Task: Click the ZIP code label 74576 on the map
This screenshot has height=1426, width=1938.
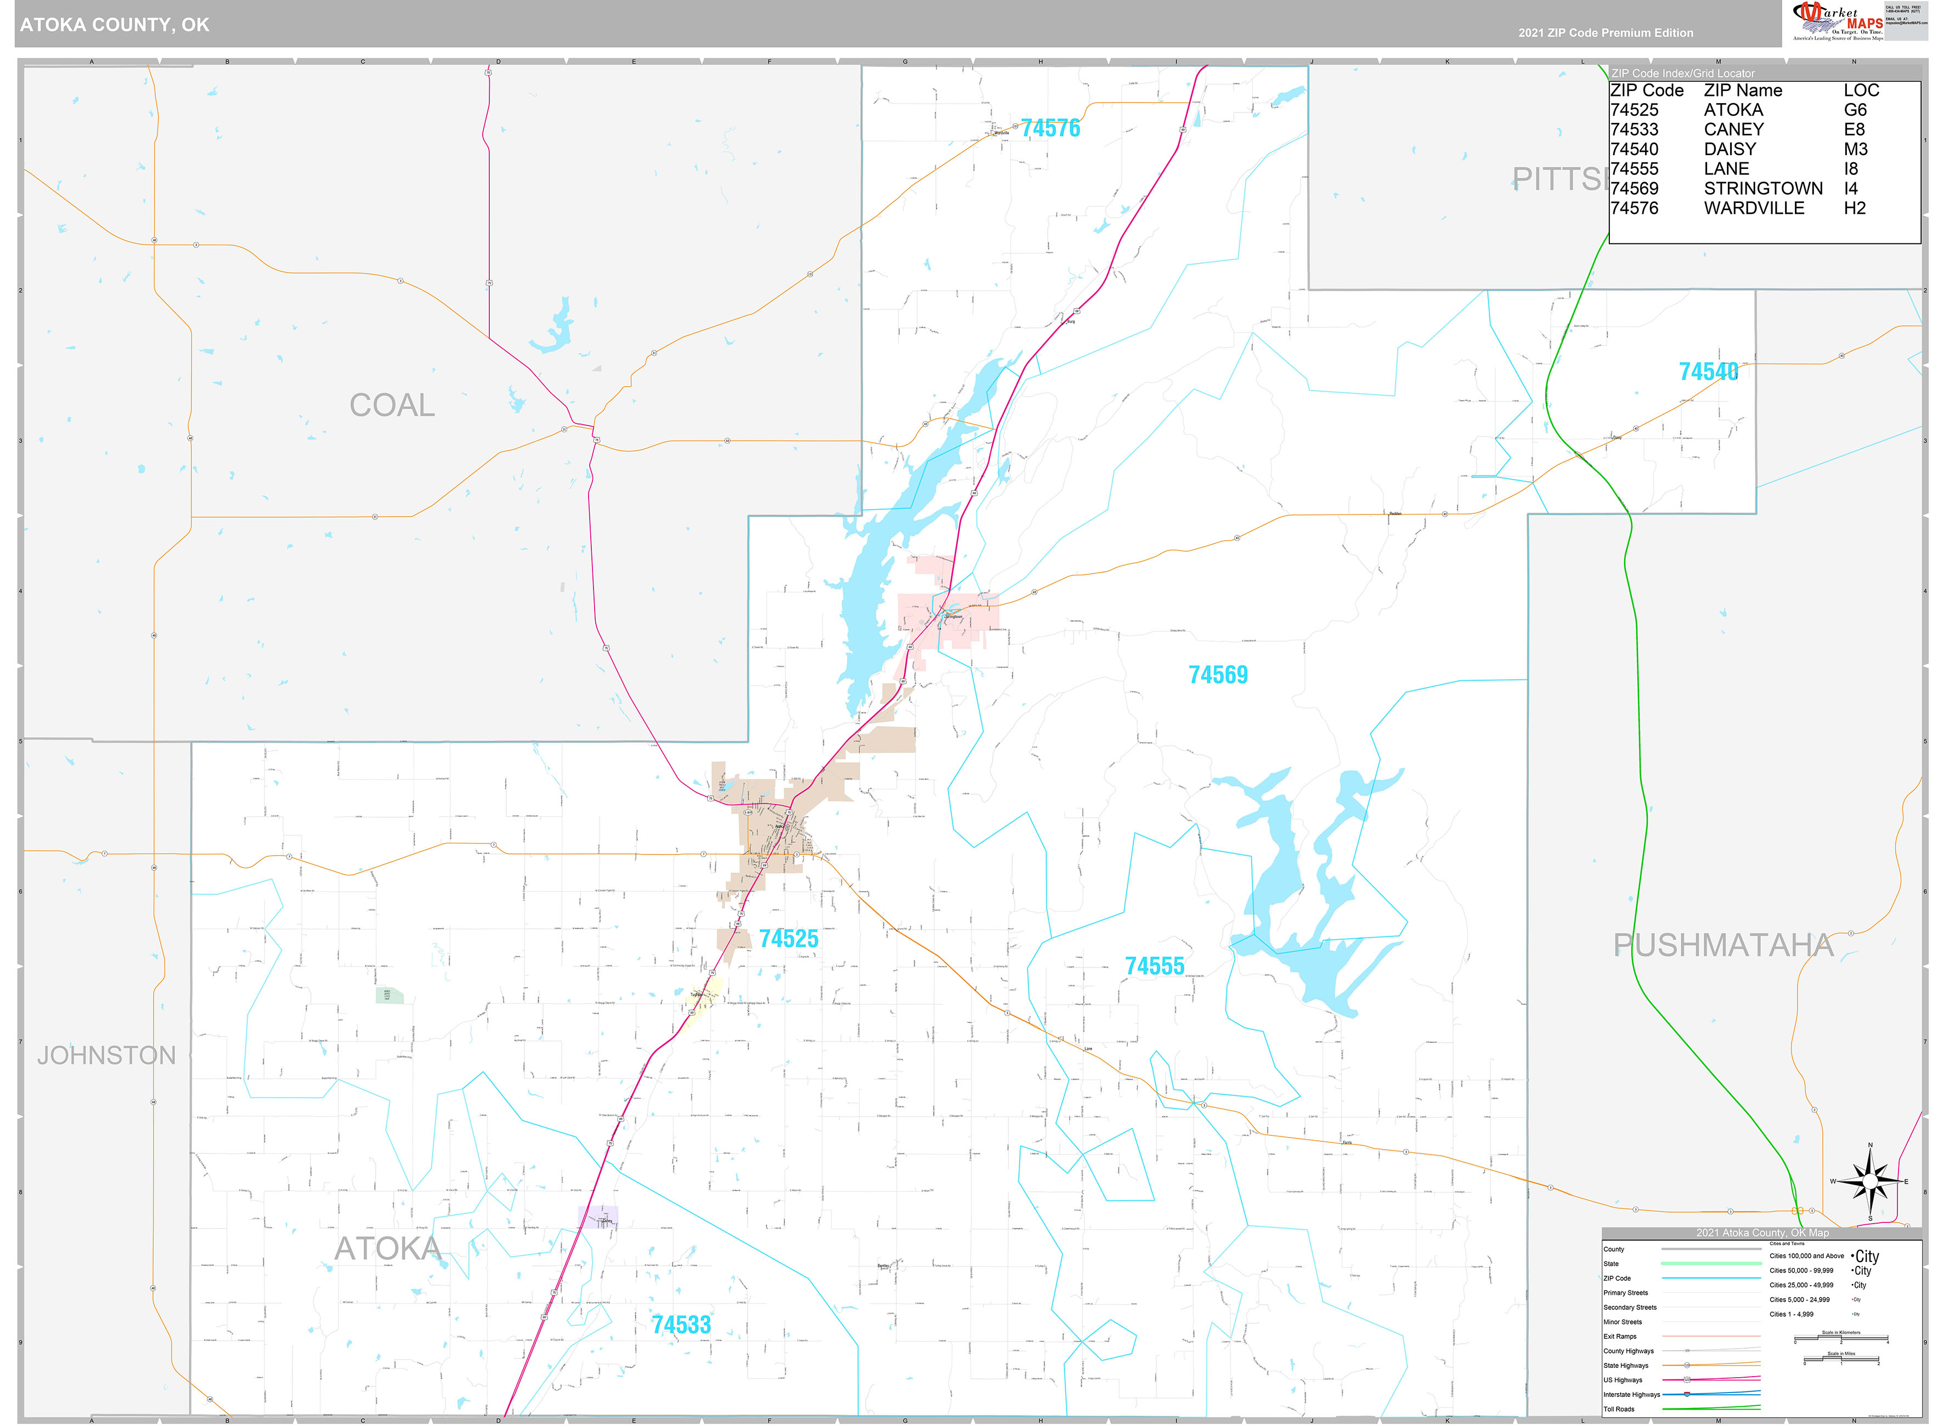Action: (1050, 129)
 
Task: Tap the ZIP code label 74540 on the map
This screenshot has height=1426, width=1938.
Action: (1708, 372)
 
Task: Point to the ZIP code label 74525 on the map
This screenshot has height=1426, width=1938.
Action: (788, 938)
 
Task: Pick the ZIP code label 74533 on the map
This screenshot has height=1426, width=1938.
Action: (681, 1325)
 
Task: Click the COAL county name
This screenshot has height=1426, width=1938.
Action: (392, 405)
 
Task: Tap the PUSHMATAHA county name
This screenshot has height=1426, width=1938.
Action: (1723, 945)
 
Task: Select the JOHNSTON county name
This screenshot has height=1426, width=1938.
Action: (106, 1055)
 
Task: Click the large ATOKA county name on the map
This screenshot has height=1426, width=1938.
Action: (388, 1248)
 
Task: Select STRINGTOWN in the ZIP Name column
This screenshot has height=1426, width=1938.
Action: (1763, 188)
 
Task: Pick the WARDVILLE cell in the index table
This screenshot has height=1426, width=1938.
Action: (1753, 208)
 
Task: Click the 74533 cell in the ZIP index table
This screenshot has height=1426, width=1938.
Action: (1634, 129)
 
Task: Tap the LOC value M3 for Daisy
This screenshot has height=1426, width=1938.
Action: (1855, 149)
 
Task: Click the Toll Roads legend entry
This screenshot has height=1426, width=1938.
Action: (1619, 1409)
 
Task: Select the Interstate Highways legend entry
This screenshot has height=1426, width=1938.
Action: (1631, 1394)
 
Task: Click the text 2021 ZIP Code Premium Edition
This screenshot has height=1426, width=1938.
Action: (1606, 33)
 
